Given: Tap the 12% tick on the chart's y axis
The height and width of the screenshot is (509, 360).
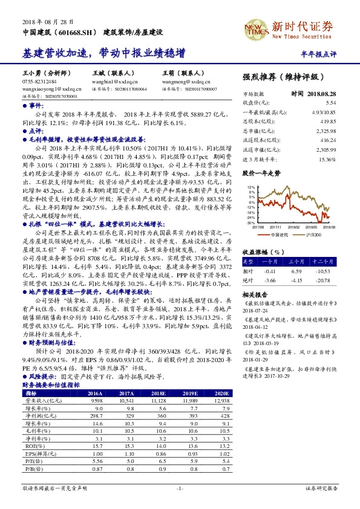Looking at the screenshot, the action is pos(250,188).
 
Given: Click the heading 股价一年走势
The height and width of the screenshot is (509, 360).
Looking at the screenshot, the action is pos(261,173).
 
